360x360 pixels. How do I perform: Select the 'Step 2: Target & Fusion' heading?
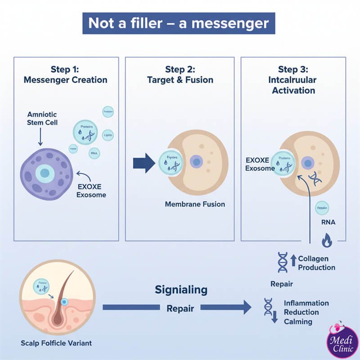pyautogui.click(x=180, y=75)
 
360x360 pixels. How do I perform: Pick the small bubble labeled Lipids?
pyautogui.click(x=108, y=135)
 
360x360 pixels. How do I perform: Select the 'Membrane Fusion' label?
pyautogui.click(x=195, y=204)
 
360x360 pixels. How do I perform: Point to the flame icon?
pyautogui.click(x=327, y=242)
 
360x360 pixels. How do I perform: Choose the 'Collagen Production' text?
pyautogui.click(x=316, y=263)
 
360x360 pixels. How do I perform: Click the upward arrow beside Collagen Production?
pyautogui.click(x=293, y=261)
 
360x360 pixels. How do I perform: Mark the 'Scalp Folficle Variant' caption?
pyautogui.click(x=56, y=343)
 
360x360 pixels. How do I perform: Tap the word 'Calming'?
pyautogui.click(x=298, y=322)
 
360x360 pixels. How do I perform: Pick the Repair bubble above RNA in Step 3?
pyautogui.click(x=322, y=208)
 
